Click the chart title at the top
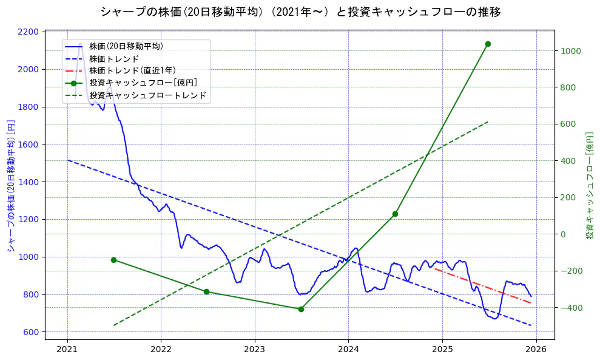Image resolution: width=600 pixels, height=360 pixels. pyautogui.click(x=300, y=12)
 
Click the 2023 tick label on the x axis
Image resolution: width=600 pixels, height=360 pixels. pyautogui.click(x=254, y=349)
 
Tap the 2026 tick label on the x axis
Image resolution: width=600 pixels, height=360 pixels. pyautogui.click(x=536, y=349)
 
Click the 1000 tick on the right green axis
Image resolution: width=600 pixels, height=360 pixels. pyautogui.click(x=571, y=51)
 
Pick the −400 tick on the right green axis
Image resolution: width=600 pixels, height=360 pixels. pyautogui.click(x=571, y=308)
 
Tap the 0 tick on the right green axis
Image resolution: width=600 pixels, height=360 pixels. pyautogui.click(x=564, y=234)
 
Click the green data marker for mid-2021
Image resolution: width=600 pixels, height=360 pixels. pyautogui.click(x=113, y=260)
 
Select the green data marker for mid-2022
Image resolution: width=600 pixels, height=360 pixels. pyautogui.click(x=206, y=292)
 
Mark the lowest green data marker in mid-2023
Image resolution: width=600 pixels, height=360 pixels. pyautogui.click(x=301, y=309)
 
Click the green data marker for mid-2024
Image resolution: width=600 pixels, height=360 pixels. pyautogui.click(x=395, y=214)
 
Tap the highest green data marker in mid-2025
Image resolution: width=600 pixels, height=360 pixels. pyautogui.click(x=488, y=44)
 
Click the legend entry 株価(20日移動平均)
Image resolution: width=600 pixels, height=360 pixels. pyautogui.click(x=126, y=46)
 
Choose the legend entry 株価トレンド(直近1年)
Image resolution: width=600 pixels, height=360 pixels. pyautogui.click(x=132, y=70)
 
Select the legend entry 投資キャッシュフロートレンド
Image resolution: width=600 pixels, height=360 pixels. pyautogui.click(x=147, y=95)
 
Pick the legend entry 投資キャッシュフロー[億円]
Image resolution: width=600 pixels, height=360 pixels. pyautogui.click(x=143, y=83)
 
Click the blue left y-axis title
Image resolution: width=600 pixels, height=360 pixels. pyautogui.click(x=10, y=186)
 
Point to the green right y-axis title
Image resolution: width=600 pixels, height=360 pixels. pyautogui.click(x=589, y=186)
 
